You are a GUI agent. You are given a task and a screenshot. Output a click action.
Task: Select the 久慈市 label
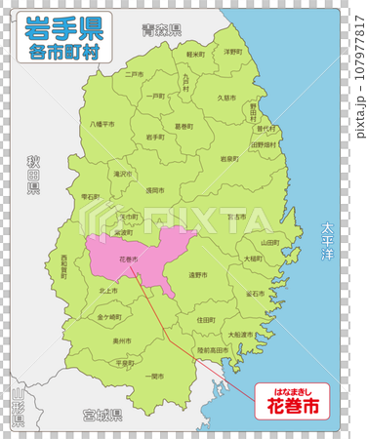click(x=226, y=98)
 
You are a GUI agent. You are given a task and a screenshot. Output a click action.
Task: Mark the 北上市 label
click(x=107, y=290)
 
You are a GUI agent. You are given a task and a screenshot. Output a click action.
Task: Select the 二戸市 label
click(x=134, y=73)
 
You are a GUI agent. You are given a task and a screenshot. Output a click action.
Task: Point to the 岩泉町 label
click(x=229, y=157)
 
